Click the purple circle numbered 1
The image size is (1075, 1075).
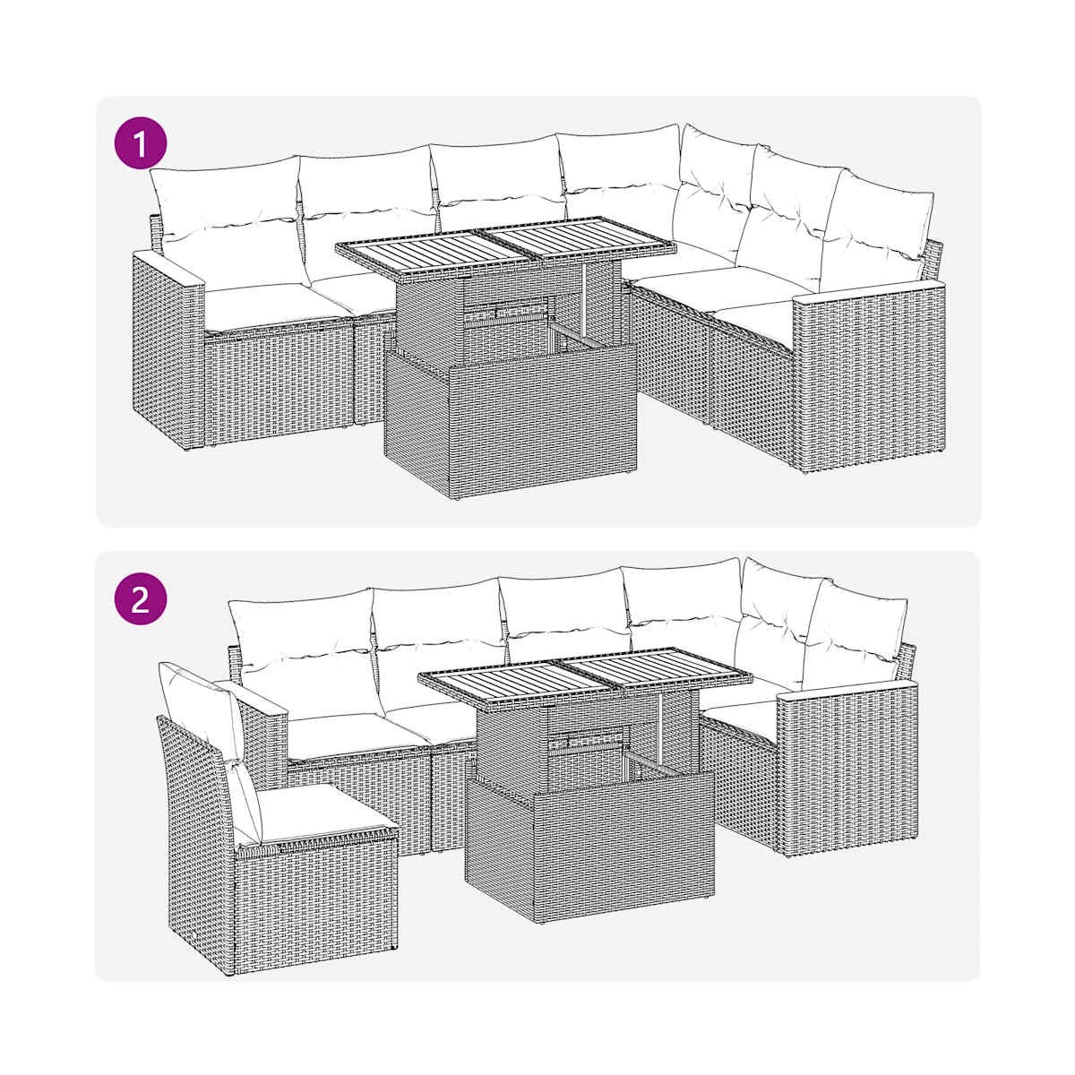pos(141,143)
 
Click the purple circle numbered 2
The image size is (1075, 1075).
pos(141,600)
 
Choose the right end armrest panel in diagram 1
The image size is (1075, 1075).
pos(870,374)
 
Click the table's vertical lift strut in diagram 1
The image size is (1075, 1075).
pos(584,301)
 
